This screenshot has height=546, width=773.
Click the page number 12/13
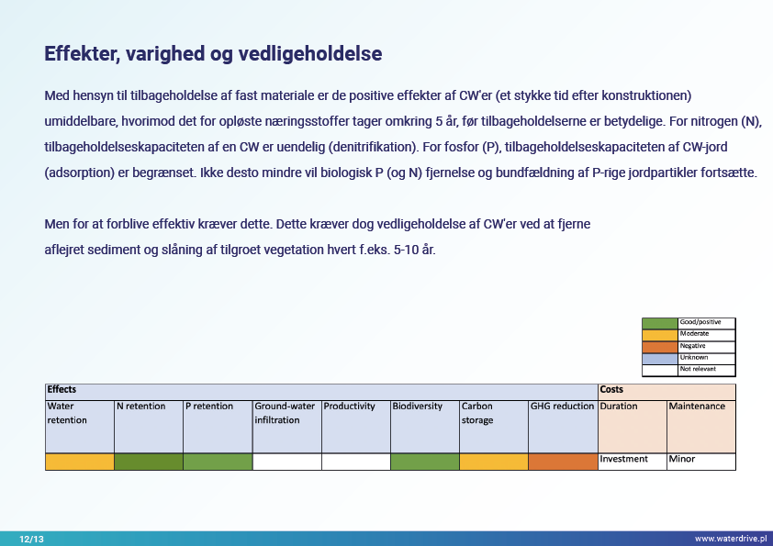[x=31, y=539]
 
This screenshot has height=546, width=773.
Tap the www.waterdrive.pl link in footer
[x=731, y=539]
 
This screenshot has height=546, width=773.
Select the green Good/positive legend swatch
[x=659, y=323]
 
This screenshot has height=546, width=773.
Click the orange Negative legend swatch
[x=659, y=347]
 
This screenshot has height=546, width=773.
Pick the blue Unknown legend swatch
[x=659, y=359]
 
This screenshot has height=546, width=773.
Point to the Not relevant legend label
[x=698, y=369]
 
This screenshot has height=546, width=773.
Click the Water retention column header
[x=67, y=413]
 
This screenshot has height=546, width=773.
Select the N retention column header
[x=141, y=406]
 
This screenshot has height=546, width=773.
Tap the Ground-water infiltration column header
[x=285, y=413]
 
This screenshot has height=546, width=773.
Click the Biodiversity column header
[x=417, y=406]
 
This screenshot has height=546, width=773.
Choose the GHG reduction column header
[x=562, y=406]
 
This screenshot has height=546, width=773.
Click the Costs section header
[x=611, y=389]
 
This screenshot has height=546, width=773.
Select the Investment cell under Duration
[x=623, y=459]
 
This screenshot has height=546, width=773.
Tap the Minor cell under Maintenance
[x=682, y=459]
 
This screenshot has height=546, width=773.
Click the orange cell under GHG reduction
[x=563, y=462]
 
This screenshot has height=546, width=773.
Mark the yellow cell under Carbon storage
[x=494, y=462]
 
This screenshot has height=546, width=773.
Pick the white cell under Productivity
[x=356, y=462]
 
